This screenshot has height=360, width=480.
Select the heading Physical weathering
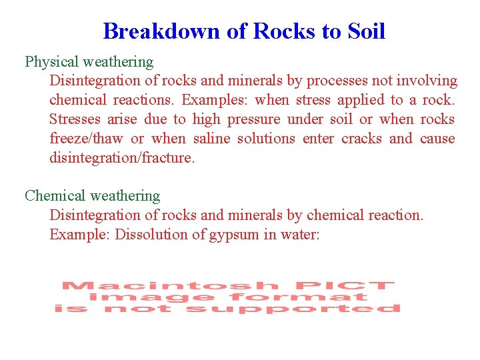(89, 62)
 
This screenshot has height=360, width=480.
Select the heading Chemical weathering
(93, 196)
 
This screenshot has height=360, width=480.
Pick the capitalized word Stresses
(75, 120)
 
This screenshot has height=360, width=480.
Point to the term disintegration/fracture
(122, 159)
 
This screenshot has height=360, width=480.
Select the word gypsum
(225, 235)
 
